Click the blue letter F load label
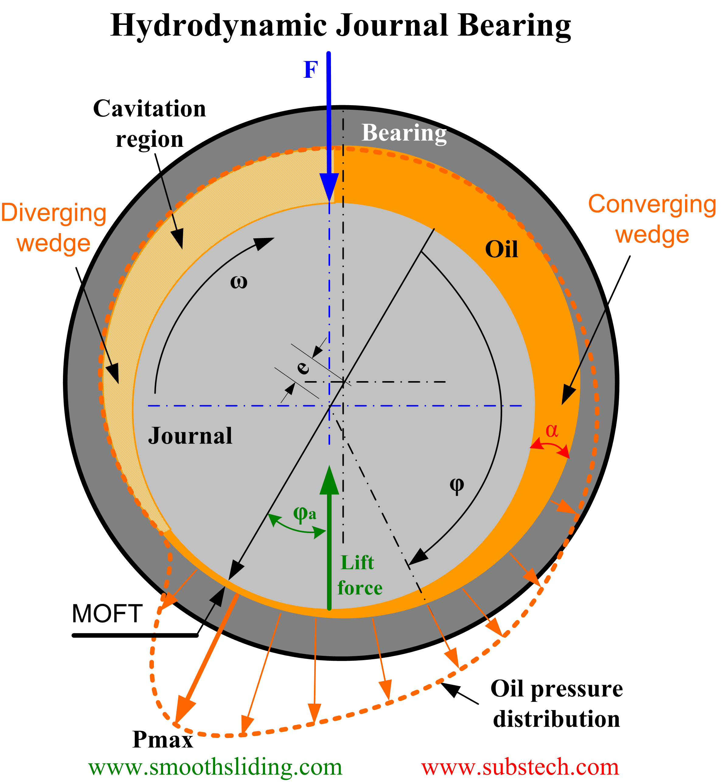(x=310, y=70)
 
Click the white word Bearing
(x=404, y=133)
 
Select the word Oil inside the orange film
(x=501, y=249)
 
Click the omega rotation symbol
(x=238, y=282)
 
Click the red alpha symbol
(x=552, y=431)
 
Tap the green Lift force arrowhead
(x=329, y=481)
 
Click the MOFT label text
(x=107, y=614)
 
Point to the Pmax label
(x=162, y=740)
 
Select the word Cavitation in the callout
(x=149, y=109)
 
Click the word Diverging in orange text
(x=54, y=213)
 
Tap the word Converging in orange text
(x=652, y=204)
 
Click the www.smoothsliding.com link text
(x=215, y=767)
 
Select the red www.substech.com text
(x=520, y=767)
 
